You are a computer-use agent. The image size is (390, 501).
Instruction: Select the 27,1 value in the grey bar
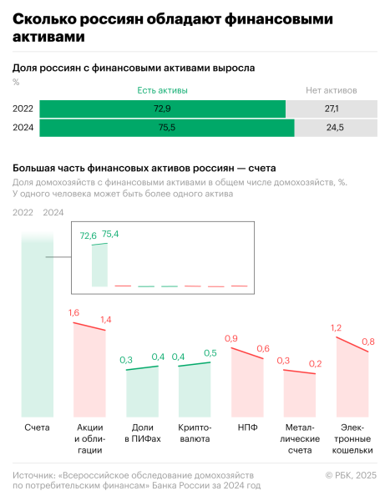click(x=331, y=109)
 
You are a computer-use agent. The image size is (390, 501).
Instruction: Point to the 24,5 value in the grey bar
click(x=335, y=128)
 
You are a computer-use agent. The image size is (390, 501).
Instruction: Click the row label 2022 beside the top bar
click(x=23, y=109)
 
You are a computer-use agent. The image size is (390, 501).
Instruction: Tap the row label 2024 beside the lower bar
click(x=23, y=128)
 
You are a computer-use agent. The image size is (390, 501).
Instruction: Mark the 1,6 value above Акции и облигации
click(x=73, y=312)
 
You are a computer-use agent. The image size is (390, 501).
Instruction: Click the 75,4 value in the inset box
click(x=110, y=235)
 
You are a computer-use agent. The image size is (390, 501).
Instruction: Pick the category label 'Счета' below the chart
click(x=37, y=428)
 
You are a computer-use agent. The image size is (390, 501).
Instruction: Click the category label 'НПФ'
click(x=246, y=428)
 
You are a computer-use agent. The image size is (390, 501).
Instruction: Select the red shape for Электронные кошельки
click(x=352, y=384)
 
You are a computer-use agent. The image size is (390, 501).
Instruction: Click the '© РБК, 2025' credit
click(x=350, y=474)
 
